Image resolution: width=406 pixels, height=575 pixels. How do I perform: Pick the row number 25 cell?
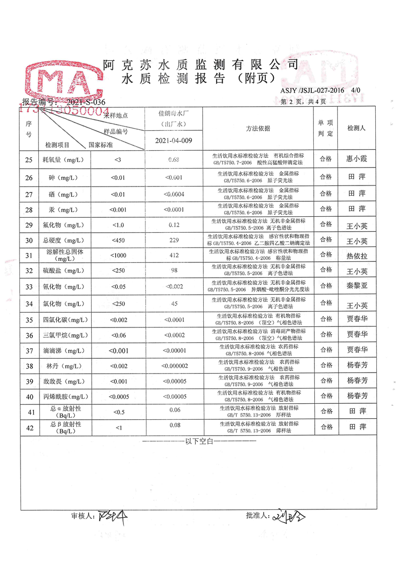(x=29, y=159)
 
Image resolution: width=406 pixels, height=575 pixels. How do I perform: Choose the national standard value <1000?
(x=118, y=255)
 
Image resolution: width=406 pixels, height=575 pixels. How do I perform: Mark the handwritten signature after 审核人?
(x=112, y=516)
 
